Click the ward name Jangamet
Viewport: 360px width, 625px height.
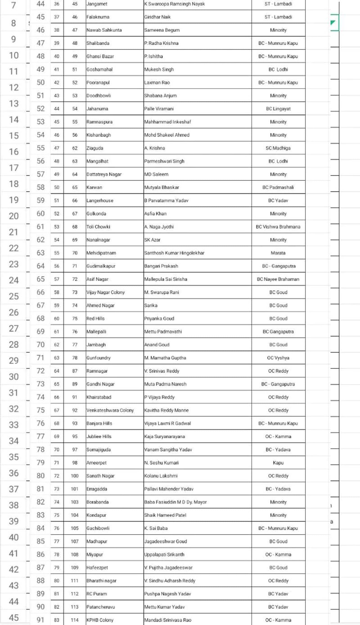[x=97, y=4]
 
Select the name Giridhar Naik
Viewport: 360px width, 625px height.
[x=157, y=17]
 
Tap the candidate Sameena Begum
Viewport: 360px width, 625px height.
[x=162, y=30]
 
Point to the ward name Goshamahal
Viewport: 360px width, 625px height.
[x=99, y=69]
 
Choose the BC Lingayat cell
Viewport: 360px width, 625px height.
[x=278, y=109]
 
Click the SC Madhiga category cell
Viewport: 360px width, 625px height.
[x=278, y=148]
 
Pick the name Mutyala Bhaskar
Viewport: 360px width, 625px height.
[x=161, y=187]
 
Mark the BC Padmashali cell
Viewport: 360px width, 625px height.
[x=278, y=187]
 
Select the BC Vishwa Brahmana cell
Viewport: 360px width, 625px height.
[x=278, y=227]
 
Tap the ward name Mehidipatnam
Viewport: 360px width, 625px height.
[x=101, y=253]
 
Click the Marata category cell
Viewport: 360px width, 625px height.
[x=278, y=253]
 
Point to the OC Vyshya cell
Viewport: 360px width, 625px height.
[x=278, y=358]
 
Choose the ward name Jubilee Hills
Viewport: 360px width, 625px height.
[x=99, y=437]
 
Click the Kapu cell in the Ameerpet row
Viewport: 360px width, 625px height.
[x=278, y=463]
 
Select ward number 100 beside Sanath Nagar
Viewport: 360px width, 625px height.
[x=75, y=476]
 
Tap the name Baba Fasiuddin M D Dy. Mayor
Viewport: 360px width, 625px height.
[x=175, y=502]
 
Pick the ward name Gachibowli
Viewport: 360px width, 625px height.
[x=98, y=528]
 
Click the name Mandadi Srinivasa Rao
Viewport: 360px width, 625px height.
[x=168, y=620]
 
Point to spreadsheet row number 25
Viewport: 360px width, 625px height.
[x=13, y=296]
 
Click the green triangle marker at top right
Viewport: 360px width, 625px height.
[x=333, y=23]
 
